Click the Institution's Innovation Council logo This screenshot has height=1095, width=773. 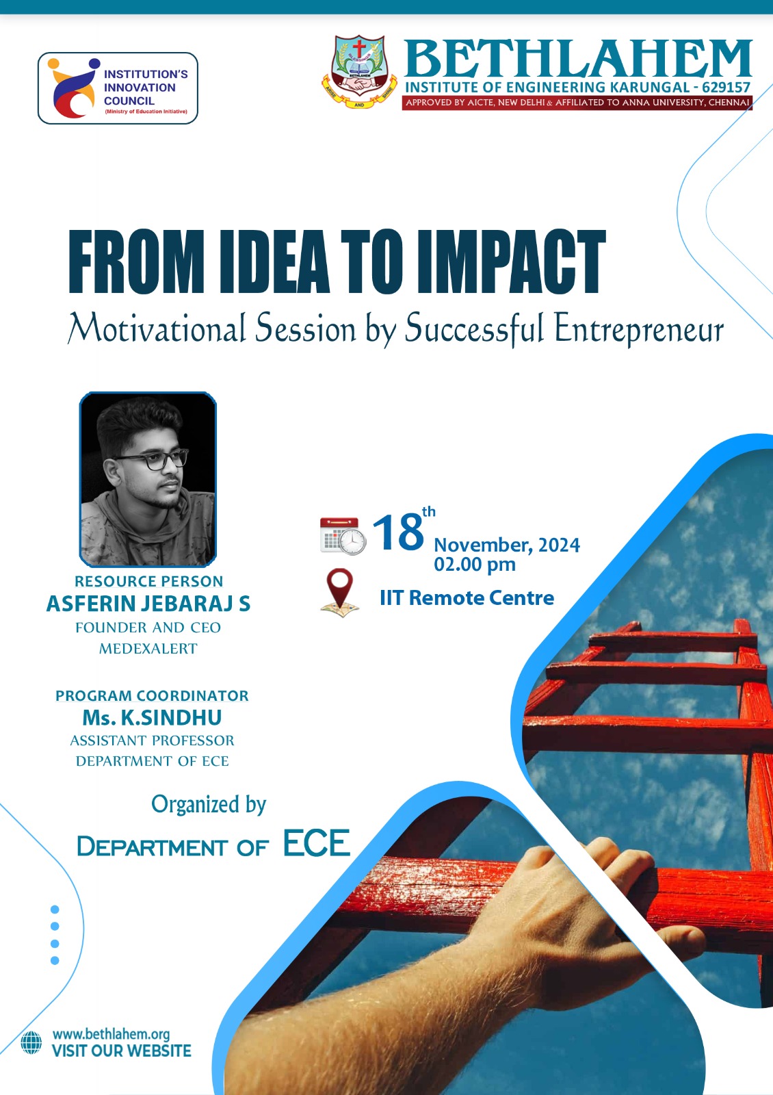coord(118,88)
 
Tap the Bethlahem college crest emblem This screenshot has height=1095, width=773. coord(359,71)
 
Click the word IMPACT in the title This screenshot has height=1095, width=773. coord(511,262)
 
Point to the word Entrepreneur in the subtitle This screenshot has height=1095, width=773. coord(638,329)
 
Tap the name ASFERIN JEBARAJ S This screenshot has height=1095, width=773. coord(148,604)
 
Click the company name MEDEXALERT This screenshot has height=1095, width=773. coord(148,649)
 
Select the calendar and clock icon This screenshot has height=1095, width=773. coord(343,536)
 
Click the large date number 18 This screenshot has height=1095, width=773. coord(398,533)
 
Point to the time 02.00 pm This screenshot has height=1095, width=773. coord(475,565)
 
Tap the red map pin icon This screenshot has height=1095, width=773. coord(340,591)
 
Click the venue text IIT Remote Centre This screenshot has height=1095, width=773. coord(467,598)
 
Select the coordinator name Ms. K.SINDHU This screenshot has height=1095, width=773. coord(152,718)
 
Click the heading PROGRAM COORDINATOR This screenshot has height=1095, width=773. coord(152,695)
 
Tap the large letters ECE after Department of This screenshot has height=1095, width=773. coord(317,843)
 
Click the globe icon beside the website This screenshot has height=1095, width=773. coord(31,1043)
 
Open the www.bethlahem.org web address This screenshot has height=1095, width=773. coord(112,1034)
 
